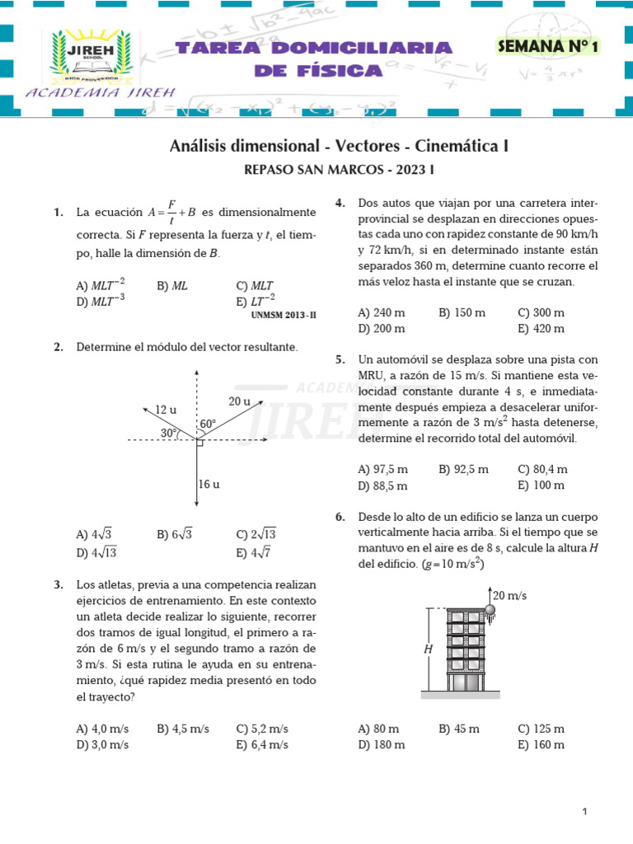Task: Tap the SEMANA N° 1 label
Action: pos(546,47)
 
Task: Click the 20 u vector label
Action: pos(239,401)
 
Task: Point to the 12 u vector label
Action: pos(166,409)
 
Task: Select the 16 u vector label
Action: pos(209,484)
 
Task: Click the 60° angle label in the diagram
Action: pos(208,424)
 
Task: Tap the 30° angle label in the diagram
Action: pos(170,433)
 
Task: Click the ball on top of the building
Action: pos(489,611)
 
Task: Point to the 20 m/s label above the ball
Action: pos(510,595)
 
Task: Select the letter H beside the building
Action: pos(428,649)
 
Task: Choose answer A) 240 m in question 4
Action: pos(382,313)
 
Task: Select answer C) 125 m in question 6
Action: pos(541,729)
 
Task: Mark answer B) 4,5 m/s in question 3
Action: pos(183,729)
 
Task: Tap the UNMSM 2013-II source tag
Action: pos(283,316)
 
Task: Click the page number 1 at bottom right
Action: pos(584,812)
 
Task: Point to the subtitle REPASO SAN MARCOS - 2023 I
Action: pos(339,171)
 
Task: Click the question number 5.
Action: pos(340,359)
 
